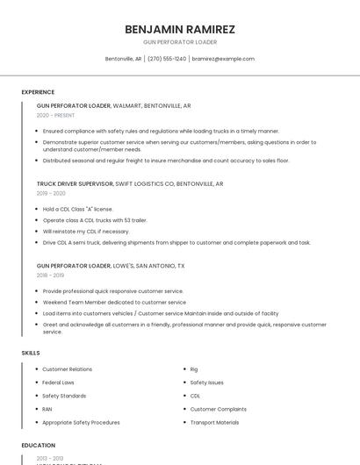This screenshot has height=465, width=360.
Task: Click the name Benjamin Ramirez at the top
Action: (180, 29)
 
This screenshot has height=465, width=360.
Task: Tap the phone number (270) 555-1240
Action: (167, 59)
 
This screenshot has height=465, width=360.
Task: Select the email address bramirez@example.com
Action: (223, 59)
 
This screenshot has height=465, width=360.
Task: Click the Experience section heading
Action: (38, 92)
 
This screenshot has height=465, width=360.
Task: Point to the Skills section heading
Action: (31, 353)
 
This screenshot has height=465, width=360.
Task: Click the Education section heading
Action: (39, 446)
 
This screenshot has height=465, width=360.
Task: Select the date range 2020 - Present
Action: (55, 115)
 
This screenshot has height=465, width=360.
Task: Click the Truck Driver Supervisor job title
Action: (75, 184)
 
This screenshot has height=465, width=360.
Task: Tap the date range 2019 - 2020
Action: (51, 193)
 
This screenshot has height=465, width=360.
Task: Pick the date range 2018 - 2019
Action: (51, 275)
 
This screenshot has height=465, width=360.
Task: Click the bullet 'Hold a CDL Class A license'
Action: (77, 209)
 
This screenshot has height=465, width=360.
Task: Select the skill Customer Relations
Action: (67, 369)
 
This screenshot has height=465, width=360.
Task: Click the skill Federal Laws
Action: (58, 383)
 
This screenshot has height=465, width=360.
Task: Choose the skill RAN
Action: (47, 409)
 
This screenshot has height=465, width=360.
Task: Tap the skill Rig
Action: (194, 369)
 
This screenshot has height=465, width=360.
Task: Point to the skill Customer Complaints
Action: (218, 409)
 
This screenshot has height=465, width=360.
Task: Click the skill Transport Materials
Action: (214, 422)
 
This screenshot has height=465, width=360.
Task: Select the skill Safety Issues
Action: (206, 383)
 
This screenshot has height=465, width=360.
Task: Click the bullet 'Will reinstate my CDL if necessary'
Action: (85, 231)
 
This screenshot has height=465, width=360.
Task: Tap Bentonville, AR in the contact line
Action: (123, 59)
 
